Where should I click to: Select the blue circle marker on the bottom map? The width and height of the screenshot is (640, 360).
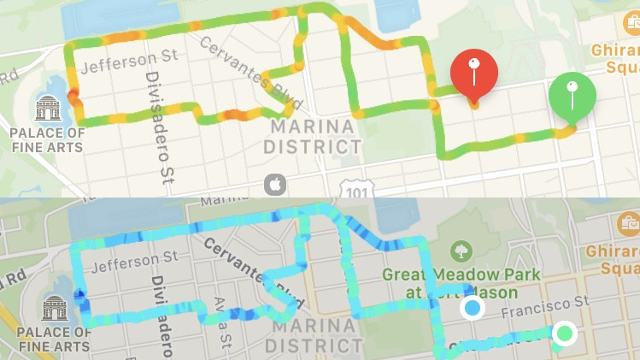pyautogui.click(x=472, y=308)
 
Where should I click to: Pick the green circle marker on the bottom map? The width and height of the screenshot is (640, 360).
pyautogui.click(x=564, y=333)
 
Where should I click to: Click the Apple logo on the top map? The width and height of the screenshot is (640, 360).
pyautogui.click(x=274, y=184)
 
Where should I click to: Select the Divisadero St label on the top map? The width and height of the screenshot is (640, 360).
pyautogui.click(x=156, y=127)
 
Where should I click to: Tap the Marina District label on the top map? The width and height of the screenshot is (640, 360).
pyautogui.click(x=312, y=137)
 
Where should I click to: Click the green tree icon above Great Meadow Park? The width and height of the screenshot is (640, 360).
pyautogui.click(x=461, y=251)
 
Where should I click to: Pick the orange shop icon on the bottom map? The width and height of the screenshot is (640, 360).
pyautogui.click(x=627, y=225)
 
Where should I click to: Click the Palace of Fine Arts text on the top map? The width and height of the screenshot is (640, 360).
pyautogui.click(x=46, y=140)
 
